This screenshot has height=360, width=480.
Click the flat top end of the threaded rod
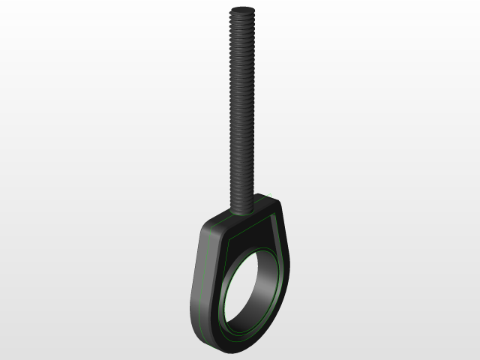[243, 10]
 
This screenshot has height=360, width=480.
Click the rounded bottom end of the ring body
[225, 346]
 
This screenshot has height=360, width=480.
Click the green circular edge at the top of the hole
[251, 254]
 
